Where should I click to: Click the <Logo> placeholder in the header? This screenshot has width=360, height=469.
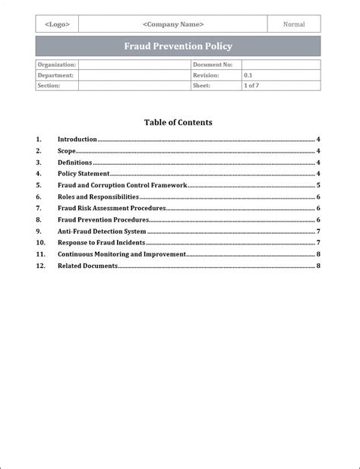[58, 24]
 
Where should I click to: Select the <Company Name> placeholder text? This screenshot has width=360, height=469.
[173, 24]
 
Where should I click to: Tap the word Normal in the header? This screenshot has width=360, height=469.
[294, 24]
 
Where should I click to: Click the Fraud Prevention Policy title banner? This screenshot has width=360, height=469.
[178, 46]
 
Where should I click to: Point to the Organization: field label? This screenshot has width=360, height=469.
[56, 65]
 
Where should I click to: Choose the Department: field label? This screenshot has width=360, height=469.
[55, 76]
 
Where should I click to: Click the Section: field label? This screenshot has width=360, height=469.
[49, 87]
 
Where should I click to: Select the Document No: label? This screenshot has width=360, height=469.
[213, 65]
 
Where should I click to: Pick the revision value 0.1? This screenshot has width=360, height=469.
[248, 76]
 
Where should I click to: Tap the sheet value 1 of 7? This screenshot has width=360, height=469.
[251, 87]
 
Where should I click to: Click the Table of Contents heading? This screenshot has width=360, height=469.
[178, 122]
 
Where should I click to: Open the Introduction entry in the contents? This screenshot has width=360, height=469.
[77, 140]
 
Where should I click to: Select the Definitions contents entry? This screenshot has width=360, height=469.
[75, 162]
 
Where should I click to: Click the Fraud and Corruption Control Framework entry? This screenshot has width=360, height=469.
[122, 185]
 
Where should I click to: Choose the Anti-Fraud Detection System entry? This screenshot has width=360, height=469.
[102, 231]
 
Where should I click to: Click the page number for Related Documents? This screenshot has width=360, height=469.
[318, 266]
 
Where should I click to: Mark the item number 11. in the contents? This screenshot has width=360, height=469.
[41, 254]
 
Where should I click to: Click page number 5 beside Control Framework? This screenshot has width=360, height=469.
[318, 185]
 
